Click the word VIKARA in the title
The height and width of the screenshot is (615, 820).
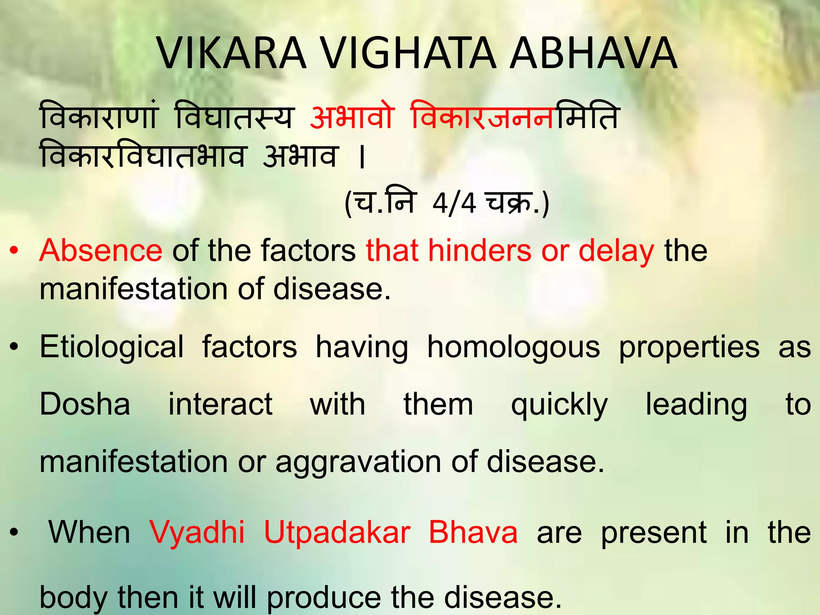pos(231,54)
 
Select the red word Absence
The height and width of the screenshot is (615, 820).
pos(101,251)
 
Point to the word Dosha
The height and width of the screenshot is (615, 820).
pos(85,404)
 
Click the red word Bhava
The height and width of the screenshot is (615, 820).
pos(473,533)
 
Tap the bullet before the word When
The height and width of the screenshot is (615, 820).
pos(14,533)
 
